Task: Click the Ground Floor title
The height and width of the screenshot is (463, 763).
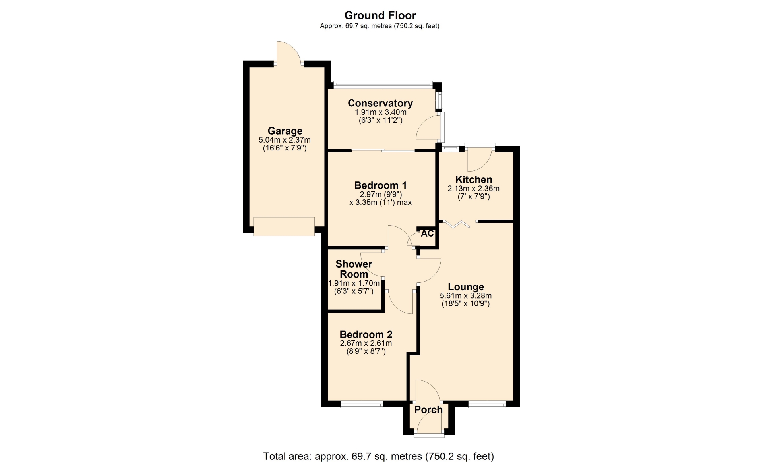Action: tap(380, 15)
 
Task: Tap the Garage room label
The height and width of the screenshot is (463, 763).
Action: tap(285, 131)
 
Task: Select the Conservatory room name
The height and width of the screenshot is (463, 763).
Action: tap(380, 103)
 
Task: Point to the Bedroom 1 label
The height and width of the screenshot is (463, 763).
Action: tap(380, 185)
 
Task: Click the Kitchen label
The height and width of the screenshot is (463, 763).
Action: tap(474, 179)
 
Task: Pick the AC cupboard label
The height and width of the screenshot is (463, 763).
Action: tap(427, 233)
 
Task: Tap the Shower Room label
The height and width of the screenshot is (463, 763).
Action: tap(354, 269)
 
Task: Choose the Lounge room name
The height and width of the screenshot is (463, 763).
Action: tap(466, 287)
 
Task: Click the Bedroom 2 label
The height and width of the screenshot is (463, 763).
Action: tap(366, 334)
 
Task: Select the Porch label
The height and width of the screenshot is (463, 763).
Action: tap(428, 410)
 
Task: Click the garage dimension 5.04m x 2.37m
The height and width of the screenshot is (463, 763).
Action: tap(285, 140)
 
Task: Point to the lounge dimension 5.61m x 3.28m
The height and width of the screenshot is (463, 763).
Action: tap(466, 296)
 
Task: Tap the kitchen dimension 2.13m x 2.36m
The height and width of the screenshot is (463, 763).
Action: tap(474, 189)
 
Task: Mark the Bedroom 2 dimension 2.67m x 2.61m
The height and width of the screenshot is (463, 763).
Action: tap(366, 343)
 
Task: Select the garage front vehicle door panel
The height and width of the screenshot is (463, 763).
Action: tap(284, 226)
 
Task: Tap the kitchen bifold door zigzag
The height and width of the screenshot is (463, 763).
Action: tap(457, 224)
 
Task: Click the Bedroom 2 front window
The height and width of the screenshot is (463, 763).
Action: tap(362, 405)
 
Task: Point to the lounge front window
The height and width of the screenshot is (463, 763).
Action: tap(487, 405)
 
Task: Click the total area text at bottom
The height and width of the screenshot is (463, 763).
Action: tap(378, 457)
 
